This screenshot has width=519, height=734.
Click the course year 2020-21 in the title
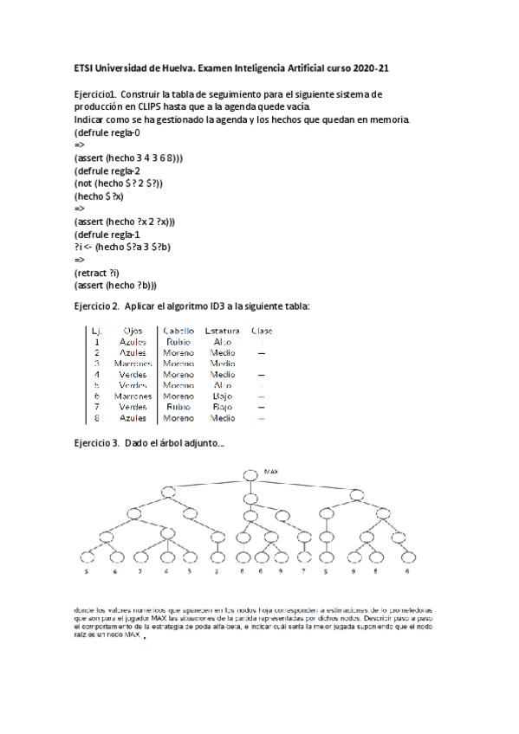(x=382, y=68)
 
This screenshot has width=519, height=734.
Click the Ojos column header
(x=133, y=330)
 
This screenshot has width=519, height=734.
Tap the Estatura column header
(x=222, y=330)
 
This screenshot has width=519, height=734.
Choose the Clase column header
(x=261, y=330)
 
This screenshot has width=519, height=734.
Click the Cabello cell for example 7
(x=178, y=406)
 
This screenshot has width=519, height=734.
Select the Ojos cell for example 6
(x=133, y=396)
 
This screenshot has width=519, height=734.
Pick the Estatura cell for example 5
(x=222, y=384)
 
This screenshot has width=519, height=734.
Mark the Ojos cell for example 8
(x=133, y=417)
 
